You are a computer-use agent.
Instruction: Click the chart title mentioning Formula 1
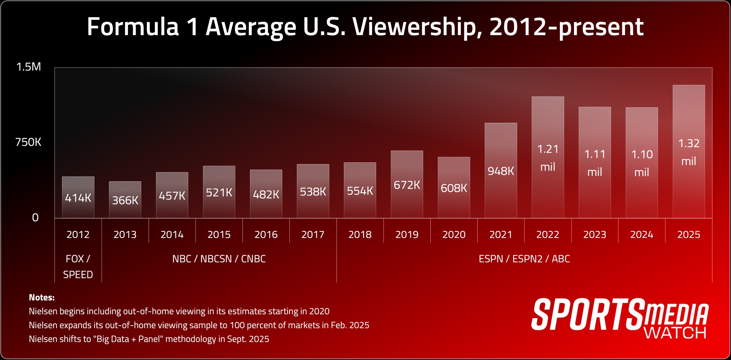[365, 27]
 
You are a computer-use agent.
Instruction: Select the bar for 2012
[78, 197]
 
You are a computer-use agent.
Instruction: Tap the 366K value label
[125, 200]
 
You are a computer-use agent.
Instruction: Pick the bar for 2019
[407, 184]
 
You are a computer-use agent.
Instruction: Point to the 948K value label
[501, 171]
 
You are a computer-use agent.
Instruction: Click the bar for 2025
[689, 151]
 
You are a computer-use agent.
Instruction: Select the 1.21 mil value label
[548, 158]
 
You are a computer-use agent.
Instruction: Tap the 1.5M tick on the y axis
[29, 67]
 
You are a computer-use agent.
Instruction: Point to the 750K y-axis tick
[28, 142]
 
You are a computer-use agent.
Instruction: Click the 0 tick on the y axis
[35, 218]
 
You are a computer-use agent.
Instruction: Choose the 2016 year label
[266, 235]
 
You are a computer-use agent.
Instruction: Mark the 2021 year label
[501, 235]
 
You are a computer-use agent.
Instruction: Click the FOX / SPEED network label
[78, 266]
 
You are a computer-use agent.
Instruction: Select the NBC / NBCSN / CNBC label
[219, 259]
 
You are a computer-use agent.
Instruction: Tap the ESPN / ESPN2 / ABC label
[524, 259]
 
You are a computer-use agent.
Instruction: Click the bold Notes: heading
[42, 298]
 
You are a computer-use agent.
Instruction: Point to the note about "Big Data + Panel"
[149, 339]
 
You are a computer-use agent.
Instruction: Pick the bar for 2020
[454, 187]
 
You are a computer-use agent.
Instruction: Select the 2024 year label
[641, 235]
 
